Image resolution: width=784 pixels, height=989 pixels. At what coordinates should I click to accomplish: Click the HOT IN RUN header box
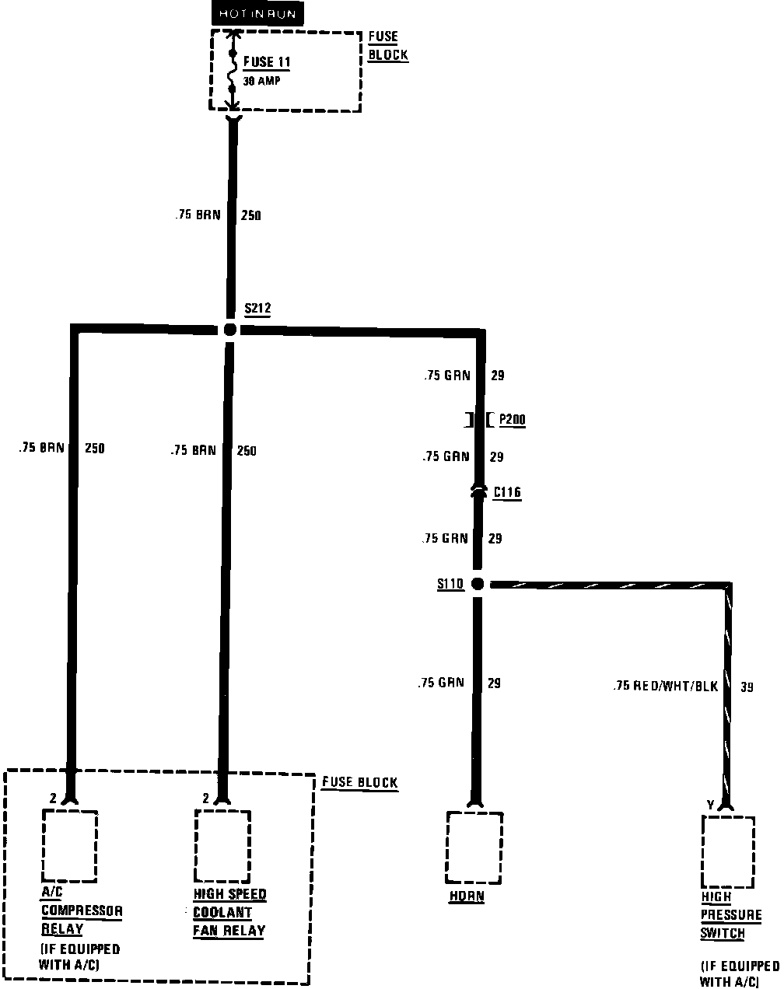[257, 14]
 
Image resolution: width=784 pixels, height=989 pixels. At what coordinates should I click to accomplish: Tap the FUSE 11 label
[268, 62]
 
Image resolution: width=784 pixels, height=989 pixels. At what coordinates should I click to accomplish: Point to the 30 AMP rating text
[261, 80]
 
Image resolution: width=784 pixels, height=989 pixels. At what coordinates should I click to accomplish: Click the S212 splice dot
[229, 330]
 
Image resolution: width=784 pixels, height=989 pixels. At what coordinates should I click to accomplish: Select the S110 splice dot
[478, 584]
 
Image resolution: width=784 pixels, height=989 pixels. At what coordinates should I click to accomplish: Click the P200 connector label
[512, 420]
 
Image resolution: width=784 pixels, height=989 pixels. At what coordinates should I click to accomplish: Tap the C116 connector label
[507, 492]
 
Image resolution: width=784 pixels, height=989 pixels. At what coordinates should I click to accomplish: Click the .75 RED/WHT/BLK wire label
[665, 687]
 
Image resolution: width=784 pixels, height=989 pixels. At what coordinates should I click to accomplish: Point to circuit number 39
[747, 687]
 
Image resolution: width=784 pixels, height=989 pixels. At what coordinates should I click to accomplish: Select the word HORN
[467, 896]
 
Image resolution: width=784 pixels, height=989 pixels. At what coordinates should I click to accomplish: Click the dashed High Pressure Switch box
[728, 851]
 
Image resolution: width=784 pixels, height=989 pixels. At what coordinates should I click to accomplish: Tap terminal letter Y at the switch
[710, 804]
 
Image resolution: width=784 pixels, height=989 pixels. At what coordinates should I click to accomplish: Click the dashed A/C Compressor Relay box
[70, 844]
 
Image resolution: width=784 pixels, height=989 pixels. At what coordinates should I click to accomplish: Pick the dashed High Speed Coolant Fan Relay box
[222, 844]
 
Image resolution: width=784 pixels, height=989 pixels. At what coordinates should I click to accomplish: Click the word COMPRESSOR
[82, 911]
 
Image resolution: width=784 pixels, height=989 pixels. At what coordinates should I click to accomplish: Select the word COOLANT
[222, 913]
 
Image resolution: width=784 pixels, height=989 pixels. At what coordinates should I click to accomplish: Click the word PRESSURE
[732, 915]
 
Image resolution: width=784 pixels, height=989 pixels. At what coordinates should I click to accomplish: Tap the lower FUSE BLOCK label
[359, 782]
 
